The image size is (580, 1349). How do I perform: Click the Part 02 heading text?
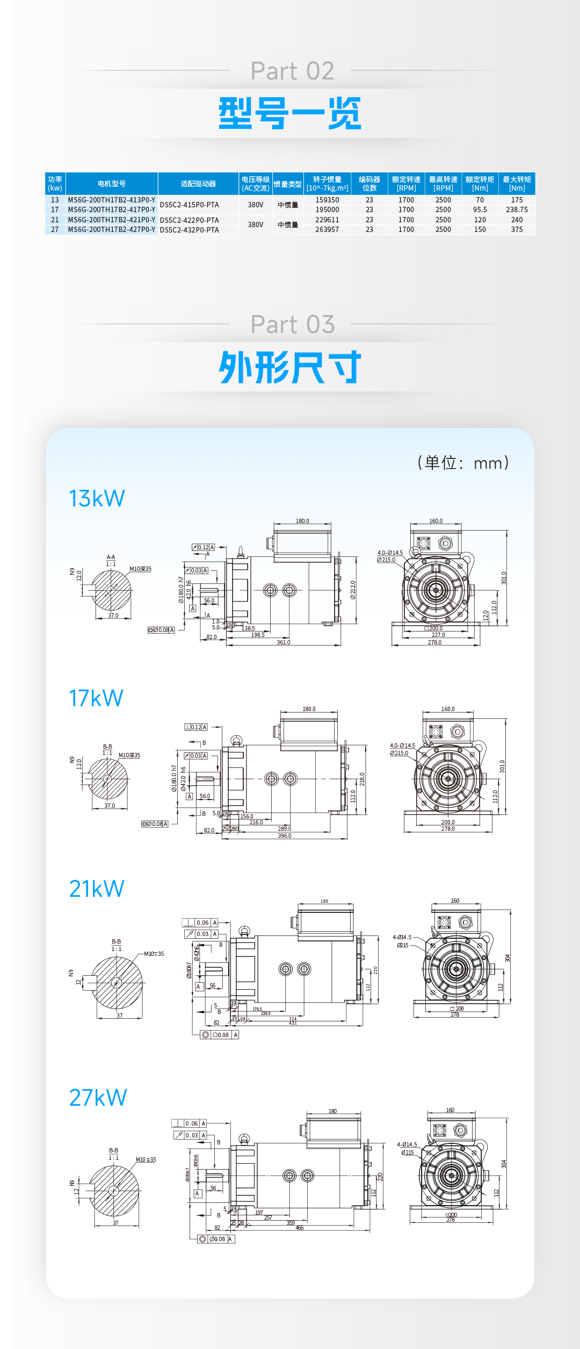pos(292,71)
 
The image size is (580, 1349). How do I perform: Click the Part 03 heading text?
pos(292,324)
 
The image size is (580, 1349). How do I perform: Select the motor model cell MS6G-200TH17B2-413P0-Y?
pos(111,200)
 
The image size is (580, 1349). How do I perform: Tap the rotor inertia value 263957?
pos(327,230)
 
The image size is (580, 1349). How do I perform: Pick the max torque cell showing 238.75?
pos(517,210)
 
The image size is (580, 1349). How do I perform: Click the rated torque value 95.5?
pos(480,210)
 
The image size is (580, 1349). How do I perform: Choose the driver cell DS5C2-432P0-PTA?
pos(189,230)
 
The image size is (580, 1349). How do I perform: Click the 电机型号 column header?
pos(111,184)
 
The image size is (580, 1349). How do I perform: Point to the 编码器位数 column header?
pos(369,184)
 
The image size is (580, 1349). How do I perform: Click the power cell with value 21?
pos(55,220)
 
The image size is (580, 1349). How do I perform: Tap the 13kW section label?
pos(97,499)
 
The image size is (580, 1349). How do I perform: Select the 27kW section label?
pos(98,1098)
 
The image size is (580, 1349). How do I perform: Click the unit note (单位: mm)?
pos(463,463)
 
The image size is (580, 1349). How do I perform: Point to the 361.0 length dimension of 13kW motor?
pos(283,643)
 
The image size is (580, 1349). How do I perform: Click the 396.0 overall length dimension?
pos(284,836)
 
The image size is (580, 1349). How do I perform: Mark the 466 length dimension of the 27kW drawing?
pos(299,1228)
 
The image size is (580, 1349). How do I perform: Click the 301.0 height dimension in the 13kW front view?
pos(504,578)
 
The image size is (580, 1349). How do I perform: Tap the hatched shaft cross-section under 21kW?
pos(117,983)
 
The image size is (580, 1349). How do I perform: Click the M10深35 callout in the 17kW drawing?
pos(129,756)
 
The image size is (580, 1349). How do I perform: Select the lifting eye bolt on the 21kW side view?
pos(244,931)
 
